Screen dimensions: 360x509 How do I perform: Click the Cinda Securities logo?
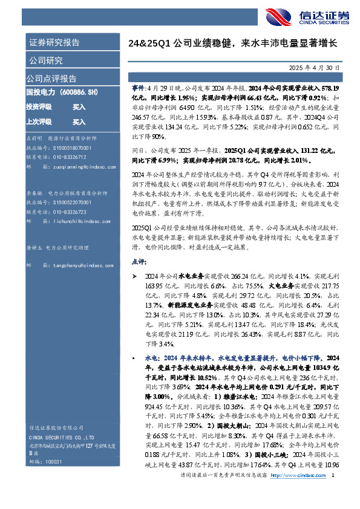coord(321,16)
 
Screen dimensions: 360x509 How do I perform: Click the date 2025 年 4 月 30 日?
coord(322,67)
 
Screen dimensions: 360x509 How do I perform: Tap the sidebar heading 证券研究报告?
coord(54,43)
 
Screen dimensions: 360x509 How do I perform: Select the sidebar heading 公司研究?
coord(45,60)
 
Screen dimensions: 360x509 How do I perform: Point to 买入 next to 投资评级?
coord(79,107)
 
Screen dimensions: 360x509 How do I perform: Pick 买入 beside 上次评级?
coord(79,122)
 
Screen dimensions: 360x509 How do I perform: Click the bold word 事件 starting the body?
coord(138,88)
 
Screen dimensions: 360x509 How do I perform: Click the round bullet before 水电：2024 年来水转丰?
coord(134,358)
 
